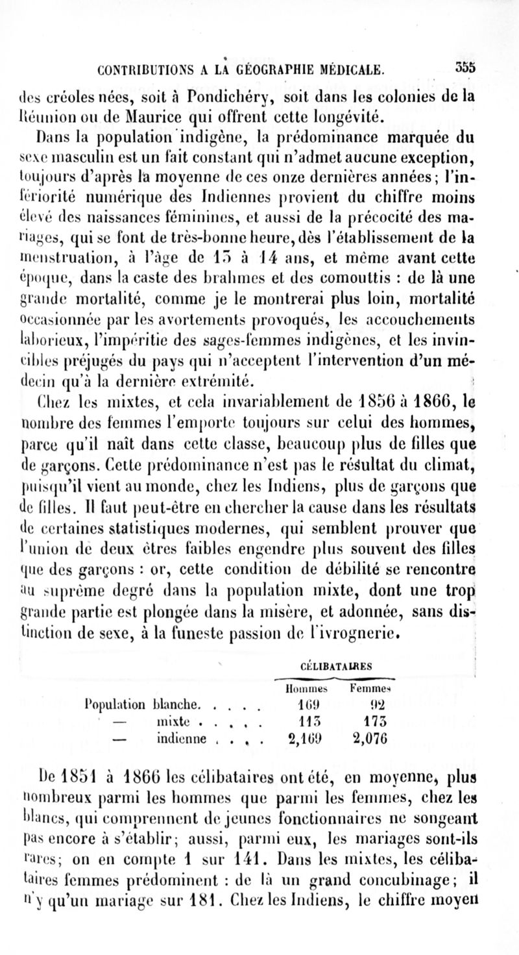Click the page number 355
(465, 67)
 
